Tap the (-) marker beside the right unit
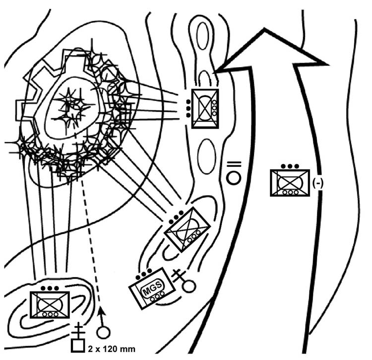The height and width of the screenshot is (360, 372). (318, 183)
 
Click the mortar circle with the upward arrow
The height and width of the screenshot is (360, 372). (103, 332)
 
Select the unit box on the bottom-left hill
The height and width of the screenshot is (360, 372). (49, 304)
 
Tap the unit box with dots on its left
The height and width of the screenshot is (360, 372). (205, 108)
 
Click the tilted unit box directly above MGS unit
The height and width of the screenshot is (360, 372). (187, 229)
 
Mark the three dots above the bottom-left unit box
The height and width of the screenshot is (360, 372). (50, 288)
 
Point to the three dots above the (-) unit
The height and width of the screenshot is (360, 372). (289, 166)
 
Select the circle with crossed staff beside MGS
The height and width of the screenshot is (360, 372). (188, 286)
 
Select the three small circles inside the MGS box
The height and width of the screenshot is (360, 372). (158, 296)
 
